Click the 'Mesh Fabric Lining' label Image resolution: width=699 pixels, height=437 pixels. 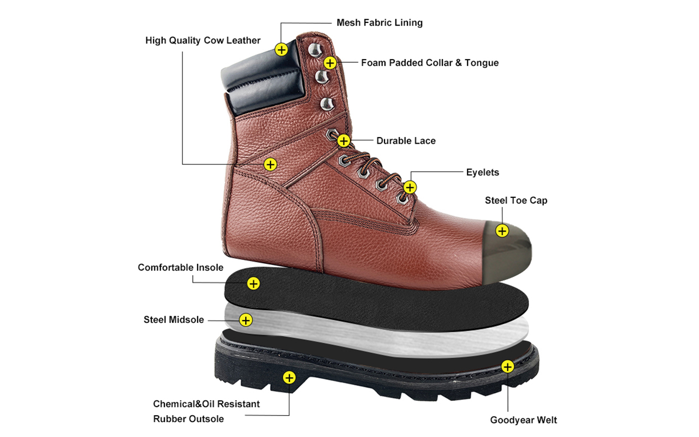click(x=380, y=23)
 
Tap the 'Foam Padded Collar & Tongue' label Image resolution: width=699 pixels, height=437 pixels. click(x=430, y=63)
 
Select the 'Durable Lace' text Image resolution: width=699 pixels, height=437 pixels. click(x=406, y=141)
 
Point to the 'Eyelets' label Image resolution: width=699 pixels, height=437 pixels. click(x=482, y=172)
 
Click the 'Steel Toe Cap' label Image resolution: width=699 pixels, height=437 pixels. click(x=516, y=200)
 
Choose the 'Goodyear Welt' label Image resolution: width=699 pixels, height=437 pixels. click(x=523, y=420)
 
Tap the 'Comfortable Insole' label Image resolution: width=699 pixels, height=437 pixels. click(x=181, y=268)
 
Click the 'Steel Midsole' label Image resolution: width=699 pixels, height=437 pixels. click(x=174, y=320)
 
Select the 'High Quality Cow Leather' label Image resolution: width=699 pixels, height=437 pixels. click(x=203, y=40)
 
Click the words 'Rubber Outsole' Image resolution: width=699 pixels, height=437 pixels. click(x=188, y=419)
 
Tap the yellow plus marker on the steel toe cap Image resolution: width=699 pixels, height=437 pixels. click(x=502, y=231)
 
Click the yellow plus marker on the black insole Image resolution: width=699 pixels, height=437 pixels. click(x=253, y=284)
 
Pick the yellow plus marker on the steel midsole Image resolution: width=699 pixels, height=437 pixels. click(x=246, y=320)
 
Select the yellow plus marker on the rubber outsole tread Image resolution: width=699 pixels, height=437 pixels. click(x=289, y=377)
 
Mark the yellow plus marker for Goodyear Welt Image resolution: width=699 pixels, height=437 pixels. click(x=508, y=367)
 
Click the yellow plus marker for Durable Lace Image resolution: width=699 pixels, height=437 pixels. click(x=343, y=141)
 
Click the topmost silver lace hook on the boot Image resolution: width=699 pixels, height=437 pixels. click(x=315, y=50)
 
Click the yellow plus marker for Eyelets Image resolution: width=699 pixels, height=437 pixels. click(x=410, y=187)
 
